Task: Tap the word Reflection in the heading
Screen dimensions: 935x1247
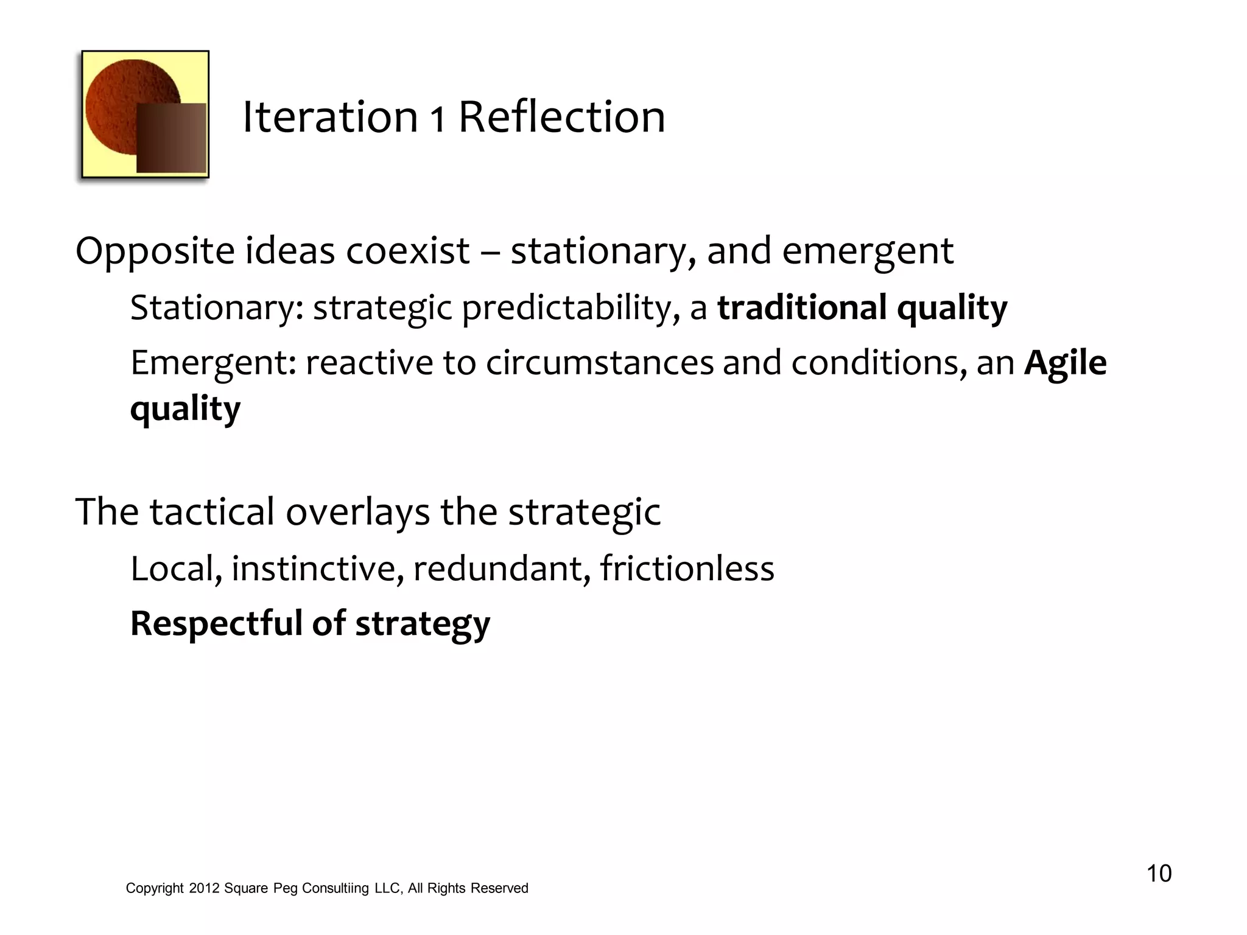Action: tap(561, 117)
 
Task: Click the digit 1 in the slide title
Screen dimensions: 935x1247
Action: tap(438, 119)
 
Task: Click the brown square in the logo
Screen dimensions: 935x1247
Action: tap(171, 138)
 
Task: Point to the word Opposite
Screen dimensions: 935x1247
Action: tap(155, 252)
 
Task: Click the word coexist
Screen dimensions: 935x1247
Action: tap(408, 251)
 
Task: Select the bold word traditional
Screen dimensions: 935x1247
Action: tap(802, 307)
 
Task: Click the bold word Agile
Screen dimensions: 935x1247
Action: tap(1066, 364)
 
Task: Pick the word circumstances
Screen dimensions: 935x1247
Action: tap(599, 363)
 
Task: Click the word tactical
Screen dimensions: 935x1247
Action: tap(213, 512)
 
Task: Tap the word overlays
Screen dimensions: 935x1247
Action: tap(358, 513)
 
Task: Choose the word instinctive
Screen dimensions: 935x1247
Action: tap(317, 569)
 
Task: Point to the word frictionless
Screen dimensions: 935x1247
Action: tap(687, 569)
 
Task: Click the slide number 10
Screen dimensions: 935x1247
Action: tap(1159, 874)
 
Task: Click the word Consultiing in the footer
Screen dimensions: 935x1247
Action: tap(335, 889)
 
